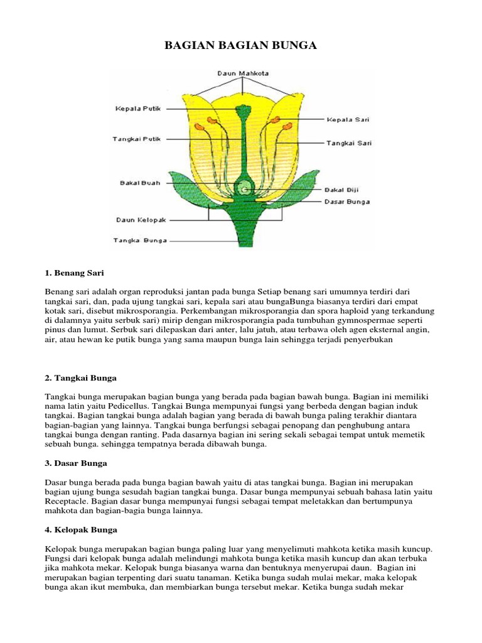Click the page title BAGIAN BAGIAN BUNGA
coord(240,46)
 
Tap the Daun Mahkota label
coord(243,73)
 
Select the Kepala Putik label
coord(137,108)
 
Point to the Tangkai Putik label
coord(137,138)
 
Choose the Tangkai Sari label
coord(348,143)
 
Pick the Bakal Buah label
coord(140,183)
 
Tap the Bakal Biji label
coord(341,189)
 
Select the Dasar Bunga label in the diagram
coord(346,202)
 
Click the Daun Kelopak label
coord(141,220)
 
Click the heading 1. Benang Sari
coord(74,274)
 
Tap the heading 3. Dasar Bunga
coord(76,463)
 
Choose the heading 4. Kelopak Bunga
coord(81,529)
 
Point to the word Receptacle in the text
coord(67,502)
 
